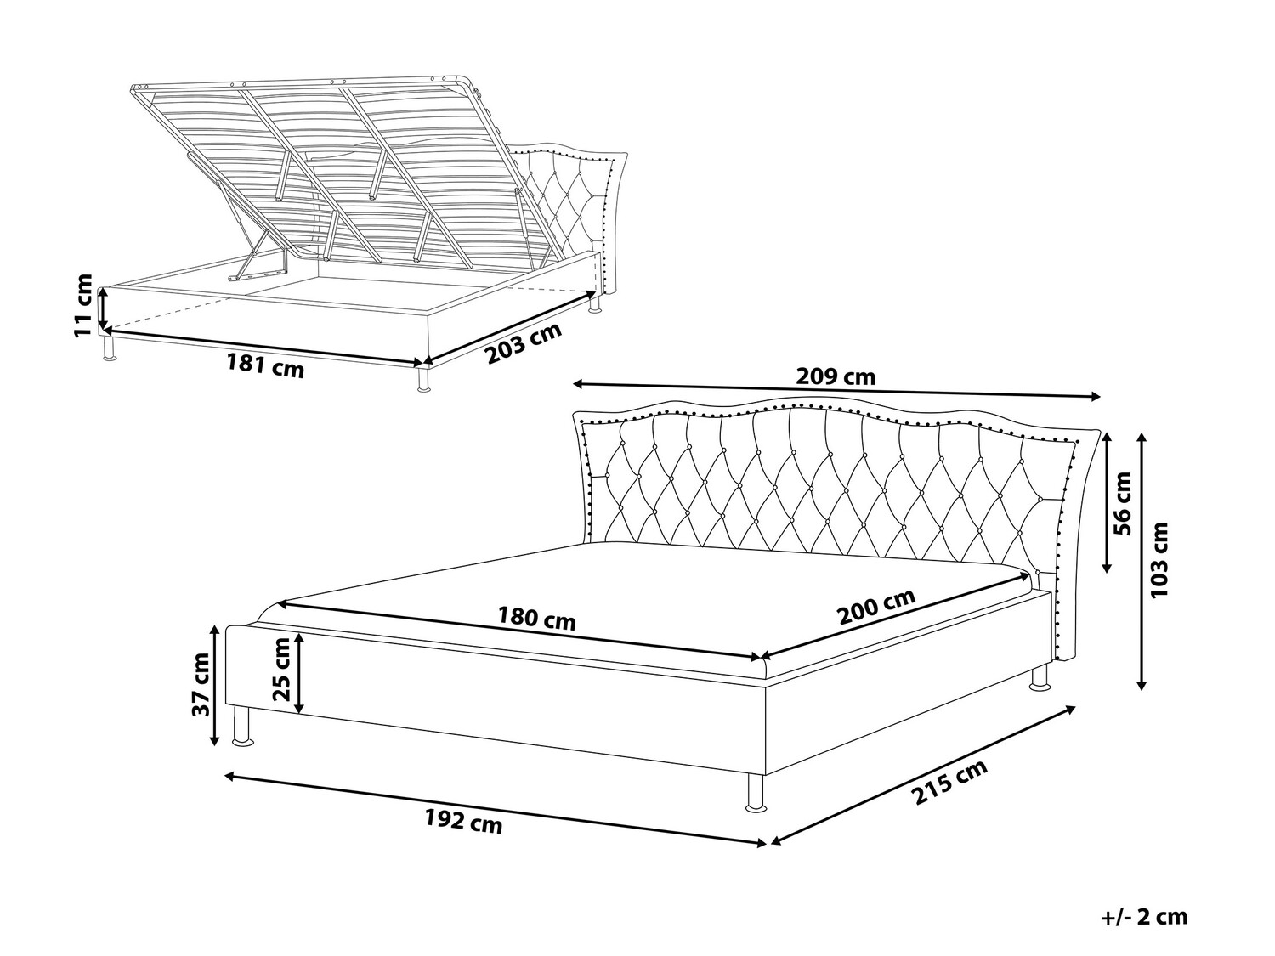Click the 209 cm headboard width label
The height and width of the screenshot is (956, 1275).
(836, 377)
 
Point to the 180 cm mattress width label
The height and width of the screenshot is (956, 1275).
(536, 619)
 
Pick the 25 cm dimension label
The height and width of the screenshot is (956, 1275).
(280, 670)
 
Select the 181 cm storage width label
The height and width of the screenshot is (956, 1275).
(265, 366)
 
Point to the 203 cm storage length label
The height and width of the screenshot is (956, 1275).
(524, 342)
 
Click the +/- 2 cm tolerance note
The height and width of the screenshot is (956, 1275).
(1144, 917)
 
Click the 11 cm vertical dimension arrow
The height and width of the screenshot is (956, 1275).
(103, 308)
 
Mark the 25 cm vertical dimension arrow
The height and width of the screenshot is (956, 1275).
(299, 673)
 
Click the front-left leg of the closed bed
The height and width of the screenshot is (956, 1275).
(242, 726)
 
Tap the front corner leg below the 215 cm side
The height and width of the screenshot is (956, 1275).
(756, 792)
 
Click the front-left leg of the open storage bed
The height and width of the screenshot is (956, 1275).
(109, 347)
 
